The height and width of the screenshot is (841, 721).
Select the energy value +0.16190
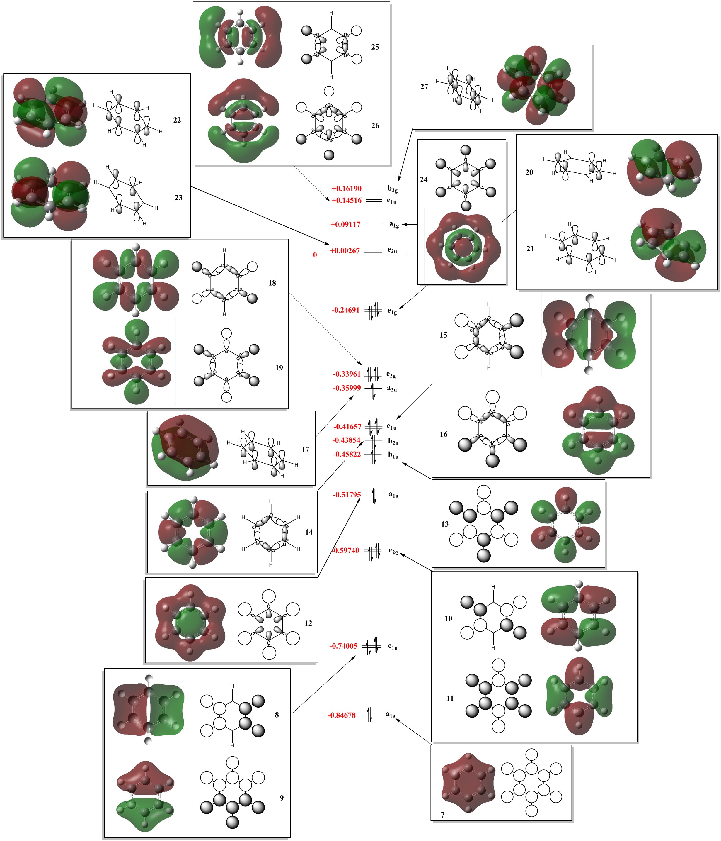pos(346,189)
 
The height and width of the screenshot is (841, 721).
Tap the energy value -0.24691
pos(345,310)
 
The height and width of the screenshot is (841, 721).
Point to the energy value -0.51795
pos(347,495)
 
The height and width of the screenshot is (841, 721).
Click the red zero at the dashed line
pos(315,255)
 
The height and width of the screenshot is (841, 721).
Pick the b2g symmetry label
pos(392,189)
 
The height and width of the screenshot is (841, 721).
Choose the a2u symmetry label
pos(392,389)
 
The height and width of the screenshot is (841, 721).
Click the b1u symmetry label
pos(393,455)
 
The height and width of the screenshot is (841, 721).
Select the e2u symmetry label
pos(392,250)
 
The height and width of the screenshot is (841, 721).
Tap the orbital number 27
pos(424,87)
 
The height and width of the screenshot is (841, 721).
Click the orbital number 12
pos(308,623)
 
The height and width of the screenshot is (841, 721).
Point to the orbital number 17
pos(305,449)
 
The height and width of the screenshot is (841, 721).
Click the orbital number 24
pos(424,179)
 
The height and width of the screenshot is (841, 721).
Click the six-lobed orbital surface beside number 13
pos(565,524)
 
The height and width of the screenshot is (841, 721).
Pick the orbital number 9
pos(282,798)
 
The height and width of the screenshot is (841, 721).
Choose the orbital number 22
pos(177,120)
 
